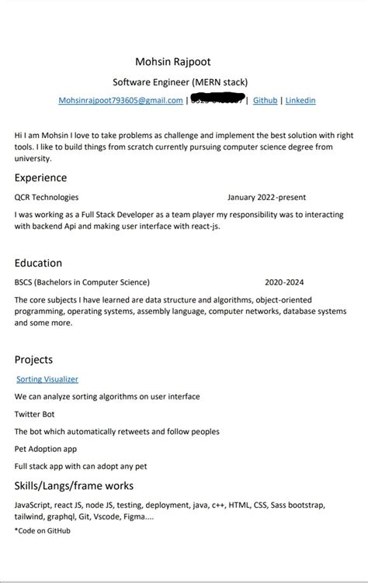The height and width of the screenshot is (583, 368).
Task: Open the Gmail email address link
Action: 120,101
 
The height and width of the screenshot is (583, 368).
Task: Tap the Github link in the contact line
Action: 266,101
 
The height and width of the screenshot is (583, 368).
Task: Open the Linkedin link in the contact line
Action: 300,101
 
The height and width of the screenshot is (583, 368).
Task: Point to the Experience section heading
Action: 40,178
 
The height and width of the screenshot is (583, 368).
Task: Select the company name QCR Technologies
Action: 47,197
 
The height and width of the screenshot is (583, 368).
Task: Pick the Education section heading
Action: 38,263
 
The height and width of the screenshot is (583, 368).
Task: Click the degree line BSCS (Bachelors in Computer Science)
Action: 82,282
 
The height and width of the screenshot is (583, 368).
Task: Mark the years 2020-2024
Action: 284,282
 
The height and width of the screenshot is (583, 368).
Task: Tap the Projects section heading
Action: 33,360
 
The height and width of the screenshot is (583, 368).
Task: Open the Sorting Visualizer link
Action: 47,379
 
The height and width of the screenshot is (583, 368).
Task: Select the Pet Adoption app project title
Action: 45,449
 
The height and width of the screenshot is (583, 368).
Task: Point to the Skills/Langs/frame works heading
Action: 74,486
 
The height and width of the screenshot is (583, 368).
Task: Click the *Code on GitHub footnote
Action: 42,530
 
